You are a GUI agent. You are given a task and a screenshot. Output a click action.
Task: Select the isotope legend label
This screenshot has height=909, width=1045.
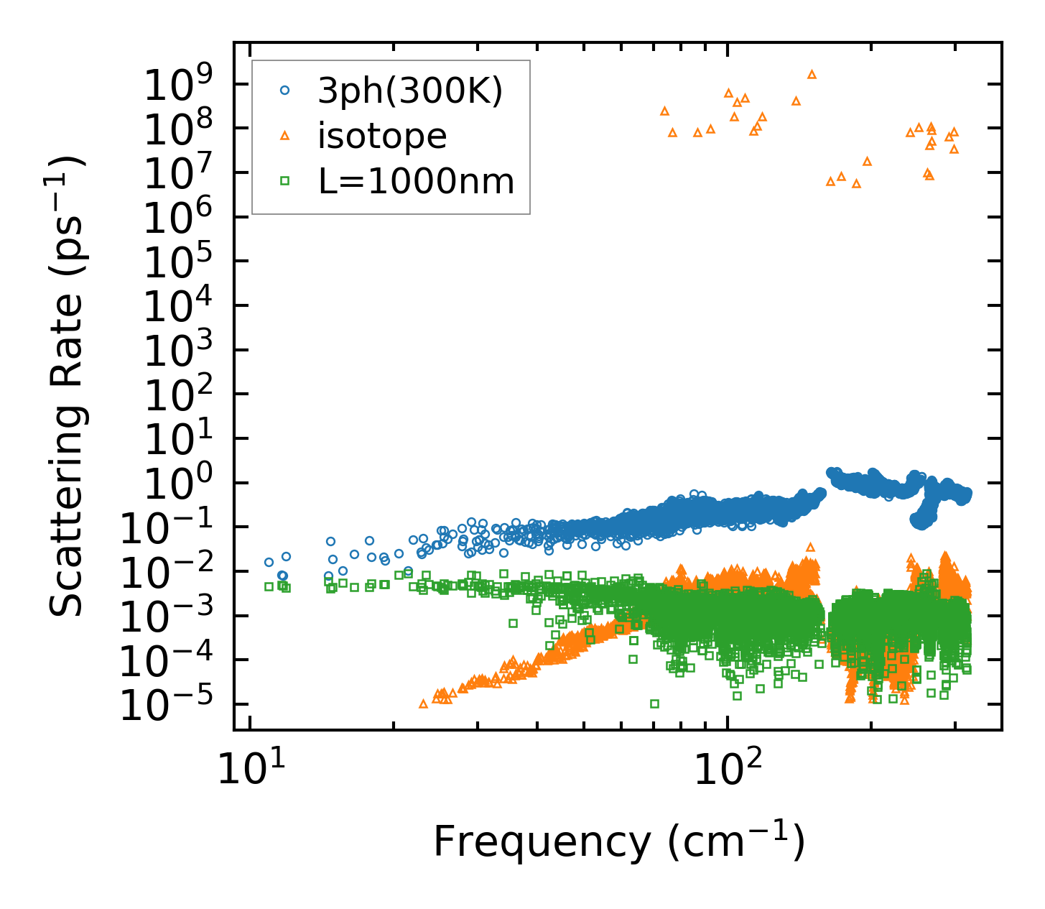[x=382, y=136]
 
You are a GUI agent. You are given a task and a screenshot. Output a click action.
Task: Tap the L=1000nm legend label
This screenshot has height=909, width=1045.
[x=417, y=181]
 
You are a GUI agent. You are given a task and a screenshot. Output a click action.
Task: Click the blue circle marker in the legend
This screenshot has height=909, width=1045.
[x=285, y=91]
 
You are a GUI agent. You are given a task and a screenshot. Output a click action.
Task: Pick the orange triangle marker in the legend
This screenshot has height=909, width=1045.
[x=285, y=135]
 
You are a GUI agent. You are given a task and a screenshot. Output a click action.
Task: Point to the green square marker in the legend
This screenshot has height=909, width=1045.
[x=285, y=181]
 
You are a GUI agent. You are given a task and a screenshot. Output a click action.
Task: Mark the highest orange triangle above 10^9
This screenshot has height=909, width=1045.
[x=812, y=74]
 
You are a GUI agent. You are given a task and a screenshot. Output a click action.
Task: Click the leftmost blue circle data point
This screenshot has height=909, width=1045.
[x=269, y=562]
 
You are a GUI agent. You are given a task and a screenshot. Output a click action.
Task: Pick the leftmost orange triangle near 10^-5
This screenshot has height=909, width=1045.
[x=423, y=703]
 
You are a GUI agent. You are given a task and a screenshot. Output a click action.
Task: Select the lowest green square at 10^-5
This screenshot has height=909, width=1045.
[x=654, y=703]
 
